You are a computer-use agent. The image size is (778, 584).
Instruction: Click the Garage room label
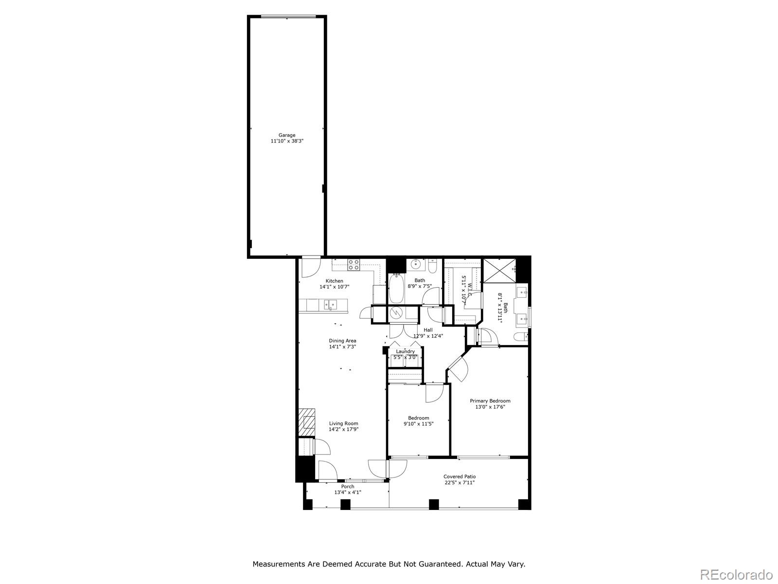click(287, 135)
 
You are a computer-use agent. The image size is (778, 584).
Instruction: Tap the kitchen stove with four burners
click(354, 265)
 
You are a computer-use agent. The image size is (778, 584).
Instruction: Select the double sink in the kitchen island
click(330, 305)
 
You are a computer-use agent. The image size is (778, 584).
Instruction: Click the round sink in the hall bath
click(416, 264)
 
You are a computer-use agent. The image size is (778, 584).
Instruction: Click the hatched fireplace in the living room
click(307, 422)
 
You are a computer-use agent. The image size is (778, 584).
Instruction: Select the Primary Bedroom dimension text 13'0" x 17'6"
click(490, 407)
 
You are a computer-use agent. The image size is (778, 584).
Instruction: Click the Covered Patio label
click(460, 476)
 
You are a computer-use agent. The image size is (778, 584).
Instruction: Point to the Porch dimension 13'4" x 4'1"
click(348, 492)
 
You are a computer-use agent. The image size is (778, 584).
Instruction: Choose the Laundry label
click(406, 351)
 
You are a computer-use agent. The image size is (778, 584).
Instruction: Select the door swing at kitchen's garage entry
click(310, 268)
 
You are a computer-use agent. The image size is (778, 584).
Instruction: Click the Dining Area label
click(343, 341)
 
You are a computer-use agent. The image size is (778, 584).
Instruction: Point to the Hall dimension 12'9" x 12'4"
click(428, 336)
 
